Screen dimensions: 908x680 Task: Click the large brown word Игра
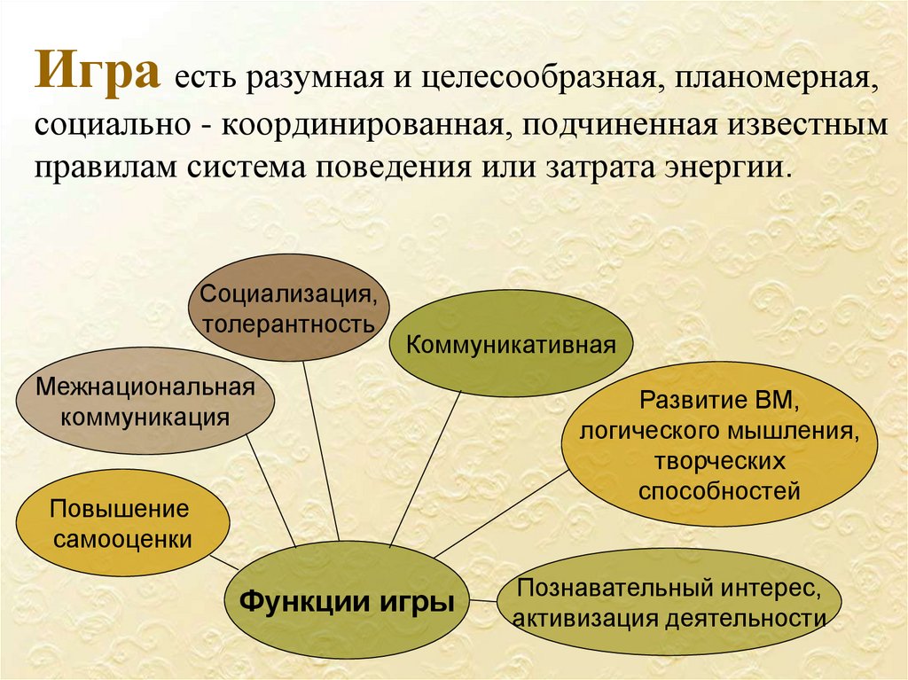click(97, 71)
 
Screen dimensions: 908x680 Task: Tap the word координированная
click(362, 125)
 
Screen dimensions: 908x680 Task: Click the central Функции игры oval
click(347, 602)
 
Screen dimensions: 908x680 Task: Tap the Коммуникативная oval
click(511, 345)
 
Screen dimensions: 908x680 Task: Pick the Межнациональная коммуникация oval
click(145, 401)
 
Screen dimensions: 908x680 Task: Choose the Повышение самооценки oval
click(122, 523)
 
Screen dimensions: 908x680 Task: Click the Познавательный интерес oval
click(669, 603)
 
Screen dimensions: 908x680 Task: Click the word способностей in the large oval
click(719, 491)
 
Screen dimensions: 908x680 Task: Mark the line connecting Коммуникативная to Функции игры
click(426, 469)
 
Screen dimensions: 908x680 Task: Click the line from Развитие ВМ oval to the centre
click(502, 513)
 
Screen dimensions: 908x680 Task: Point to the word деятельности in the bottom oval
click(745, 619)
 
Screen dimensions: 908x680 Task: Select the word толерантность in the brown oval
click(288, 324)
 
